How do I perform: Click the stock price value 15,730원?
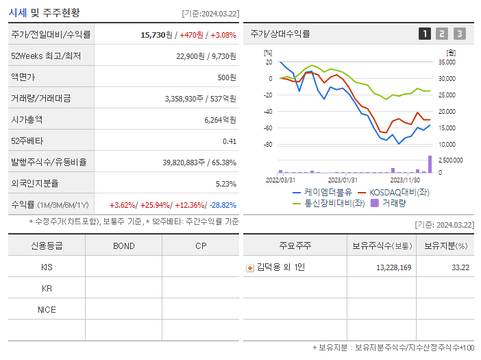click(x=157, y=34)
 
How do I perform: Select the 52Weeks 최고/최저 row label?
click(x=46, y=56)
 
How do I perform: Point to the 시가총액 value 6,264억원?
click(x=220, y=119)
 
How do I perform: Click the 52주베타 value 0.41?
click(x=230, y=141)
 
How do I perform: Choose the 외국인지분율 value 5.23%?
click(x=225, y=183)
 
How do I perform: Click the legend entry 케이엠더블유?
click(x=327, y=193)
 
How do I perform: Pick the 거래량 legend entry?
click(x=394, y=203)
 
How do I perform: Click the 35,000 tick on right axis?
click(x=446, y=62)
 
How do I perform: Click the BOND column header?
click(x=123, y=245)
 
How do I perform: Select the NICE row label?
click(x=47, y=309)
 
